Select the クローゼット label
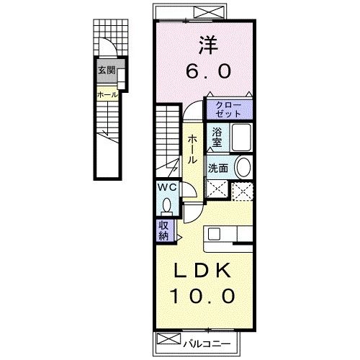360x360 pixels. (230, 109)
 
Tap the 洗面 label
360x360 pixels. (219, 168)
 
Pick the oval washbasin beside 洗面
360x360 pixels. (243, 168)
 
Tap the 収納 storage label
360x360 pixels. (164, 231)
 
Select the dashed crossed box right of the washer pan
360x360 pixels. (243, 189)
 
